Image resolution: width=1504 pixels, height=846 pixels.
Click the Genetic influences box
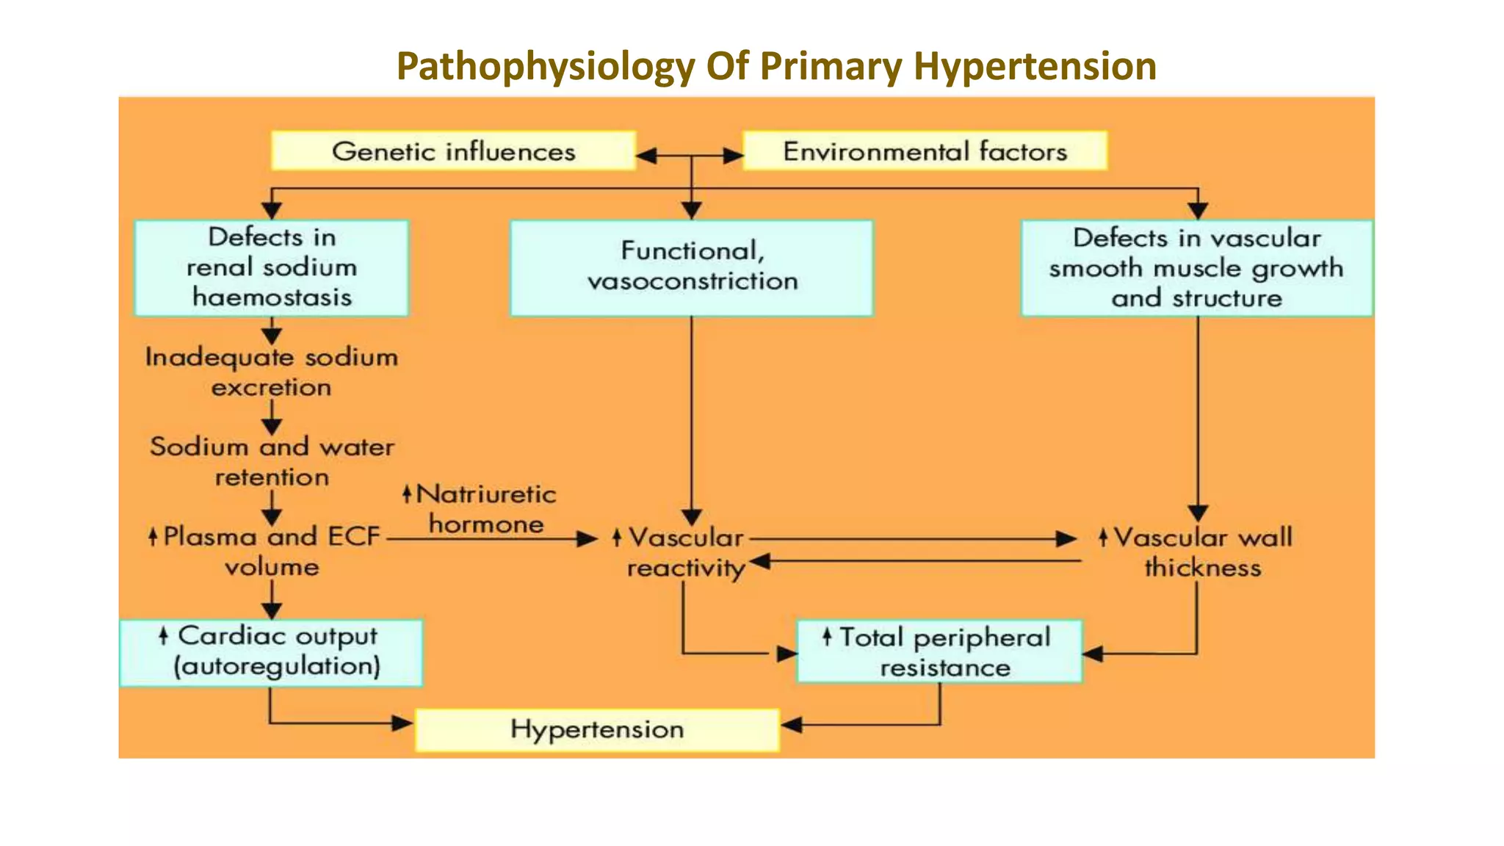point(453,151)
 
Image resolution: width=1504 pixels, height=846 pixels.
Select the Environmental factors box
point(925,151)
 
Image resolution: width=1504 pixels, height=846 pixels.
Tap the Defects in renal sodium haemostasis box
point(271,268)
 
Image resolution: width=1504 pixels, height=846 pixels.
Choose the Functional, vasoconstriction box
point(691,268)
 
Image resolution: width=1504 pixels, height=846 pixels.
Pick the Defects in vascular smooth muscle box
point(1196,268)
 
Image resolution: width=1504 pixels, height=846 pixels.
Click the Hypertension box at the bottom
point(597,729)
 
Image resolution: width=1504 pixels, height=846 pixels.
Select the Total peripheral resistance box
point(939,652)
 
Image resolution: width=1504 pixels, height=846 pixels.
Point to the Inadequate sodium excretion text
point(271,372)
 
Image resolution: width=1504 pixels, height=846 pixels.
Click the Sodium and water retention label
point(272,461)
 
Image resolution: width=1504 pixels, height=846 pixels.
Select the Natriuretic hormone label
point(485,508)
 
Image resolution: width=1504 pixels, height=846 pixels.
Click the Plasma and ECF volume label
point(271,551)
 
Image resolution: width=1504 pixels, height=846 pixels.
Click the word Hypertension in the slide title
point(1035,66)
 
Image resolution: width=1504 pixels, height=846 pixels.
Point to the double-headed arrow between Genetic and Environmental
point(690,156)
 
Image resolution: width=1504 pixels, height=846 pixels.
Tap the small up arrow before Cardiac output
point(164,635)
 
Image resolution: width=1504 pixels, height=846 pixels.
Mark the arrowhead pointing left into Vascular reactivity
point(760,563)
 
